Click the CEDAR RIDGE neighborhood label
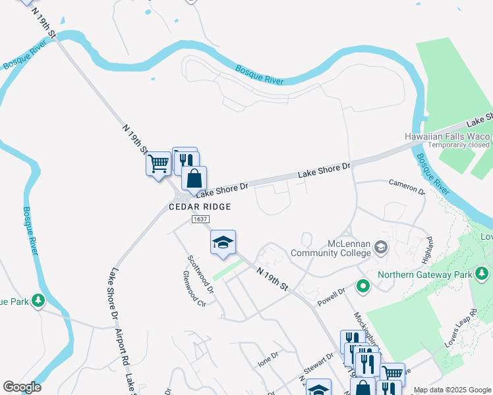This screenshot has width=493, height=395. [x=200, y=207]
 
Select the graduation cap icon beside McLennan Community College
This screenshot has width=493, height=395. [x=381, y=248]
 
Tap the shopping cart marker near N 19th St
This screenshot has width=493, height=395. [x=158, y=164]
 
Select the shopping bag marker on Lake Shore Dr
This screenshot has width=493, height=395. [x=194, y=178]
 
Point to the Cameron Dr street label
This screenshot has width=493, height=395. [x=407, y=186]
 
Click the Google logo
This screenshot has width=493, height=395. [x=22, y=387]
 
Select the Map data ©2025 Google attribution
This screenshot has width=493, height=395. [x=451, y=390]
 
